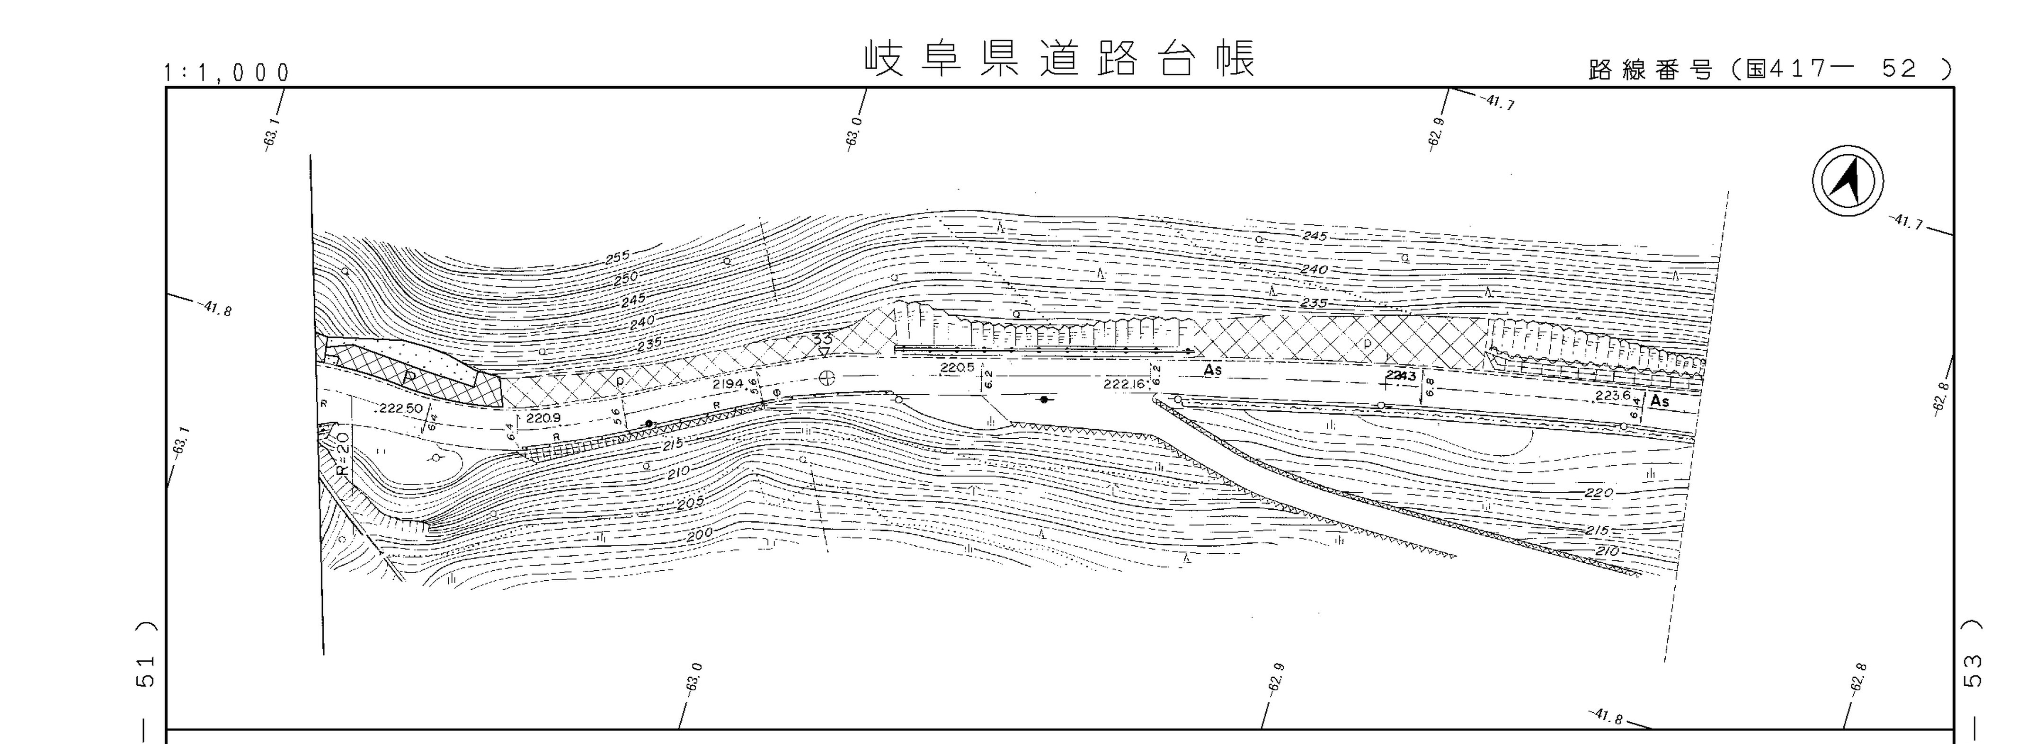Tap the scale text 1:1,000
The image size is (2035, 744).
(x=227, y=73)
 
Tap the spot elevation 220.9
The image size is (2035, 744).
(x=543, y=418)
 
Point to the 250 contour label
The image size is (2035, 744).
(x=626, y=278)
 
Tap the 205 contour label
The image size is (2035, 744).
(x=690, y=503)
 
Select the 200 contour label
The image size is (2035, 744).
(x=699, y=535)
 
